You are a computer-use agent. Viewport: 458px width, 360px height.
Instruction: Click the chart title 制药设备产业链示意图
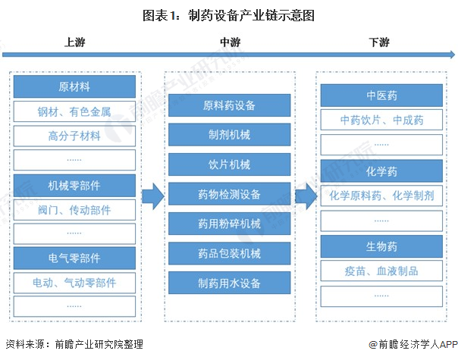pos(228,14)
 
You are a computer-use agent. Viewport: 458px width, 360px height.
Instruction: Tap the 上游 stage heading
pos(74,42)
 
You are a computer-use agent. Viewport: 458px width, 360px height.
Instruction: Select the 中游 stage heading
pos(229,42)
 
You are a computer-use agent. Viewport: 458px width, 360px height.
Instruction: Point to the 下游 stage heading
pos(379,42)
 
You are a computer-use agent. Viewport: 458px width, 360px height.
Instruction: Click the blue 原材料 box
pos(74,86)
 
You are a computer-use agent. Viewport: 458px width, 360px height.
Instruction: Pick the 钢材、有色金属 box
pos(74,111)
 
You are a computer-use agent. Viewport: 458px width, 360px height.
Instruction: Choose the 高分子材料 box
pos(74,136)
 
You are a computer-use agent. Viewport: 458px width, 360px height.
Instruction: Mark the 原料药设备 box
pos(229,105)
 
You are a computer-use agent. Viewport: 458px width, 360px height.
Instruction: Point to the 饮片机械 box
pos(229,164)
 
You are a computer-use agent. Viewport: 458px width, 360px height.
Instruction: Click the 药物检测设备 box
pos(229,195)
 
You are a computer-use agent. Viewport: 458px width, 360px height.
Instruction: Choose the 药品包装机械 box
pos(229,254)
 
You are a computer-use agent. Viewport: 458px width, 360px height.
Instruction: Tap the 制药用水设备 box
pos(229,283)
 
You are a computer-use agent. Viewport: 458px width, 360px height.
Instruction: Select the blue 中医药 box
pos(381,95)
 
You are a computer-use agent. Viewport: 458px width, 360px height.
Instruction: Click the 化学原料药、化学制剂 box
pos(381,196)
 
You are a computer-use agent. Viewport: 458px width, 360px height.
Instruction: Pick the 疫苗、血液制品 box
pos(381,271)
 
